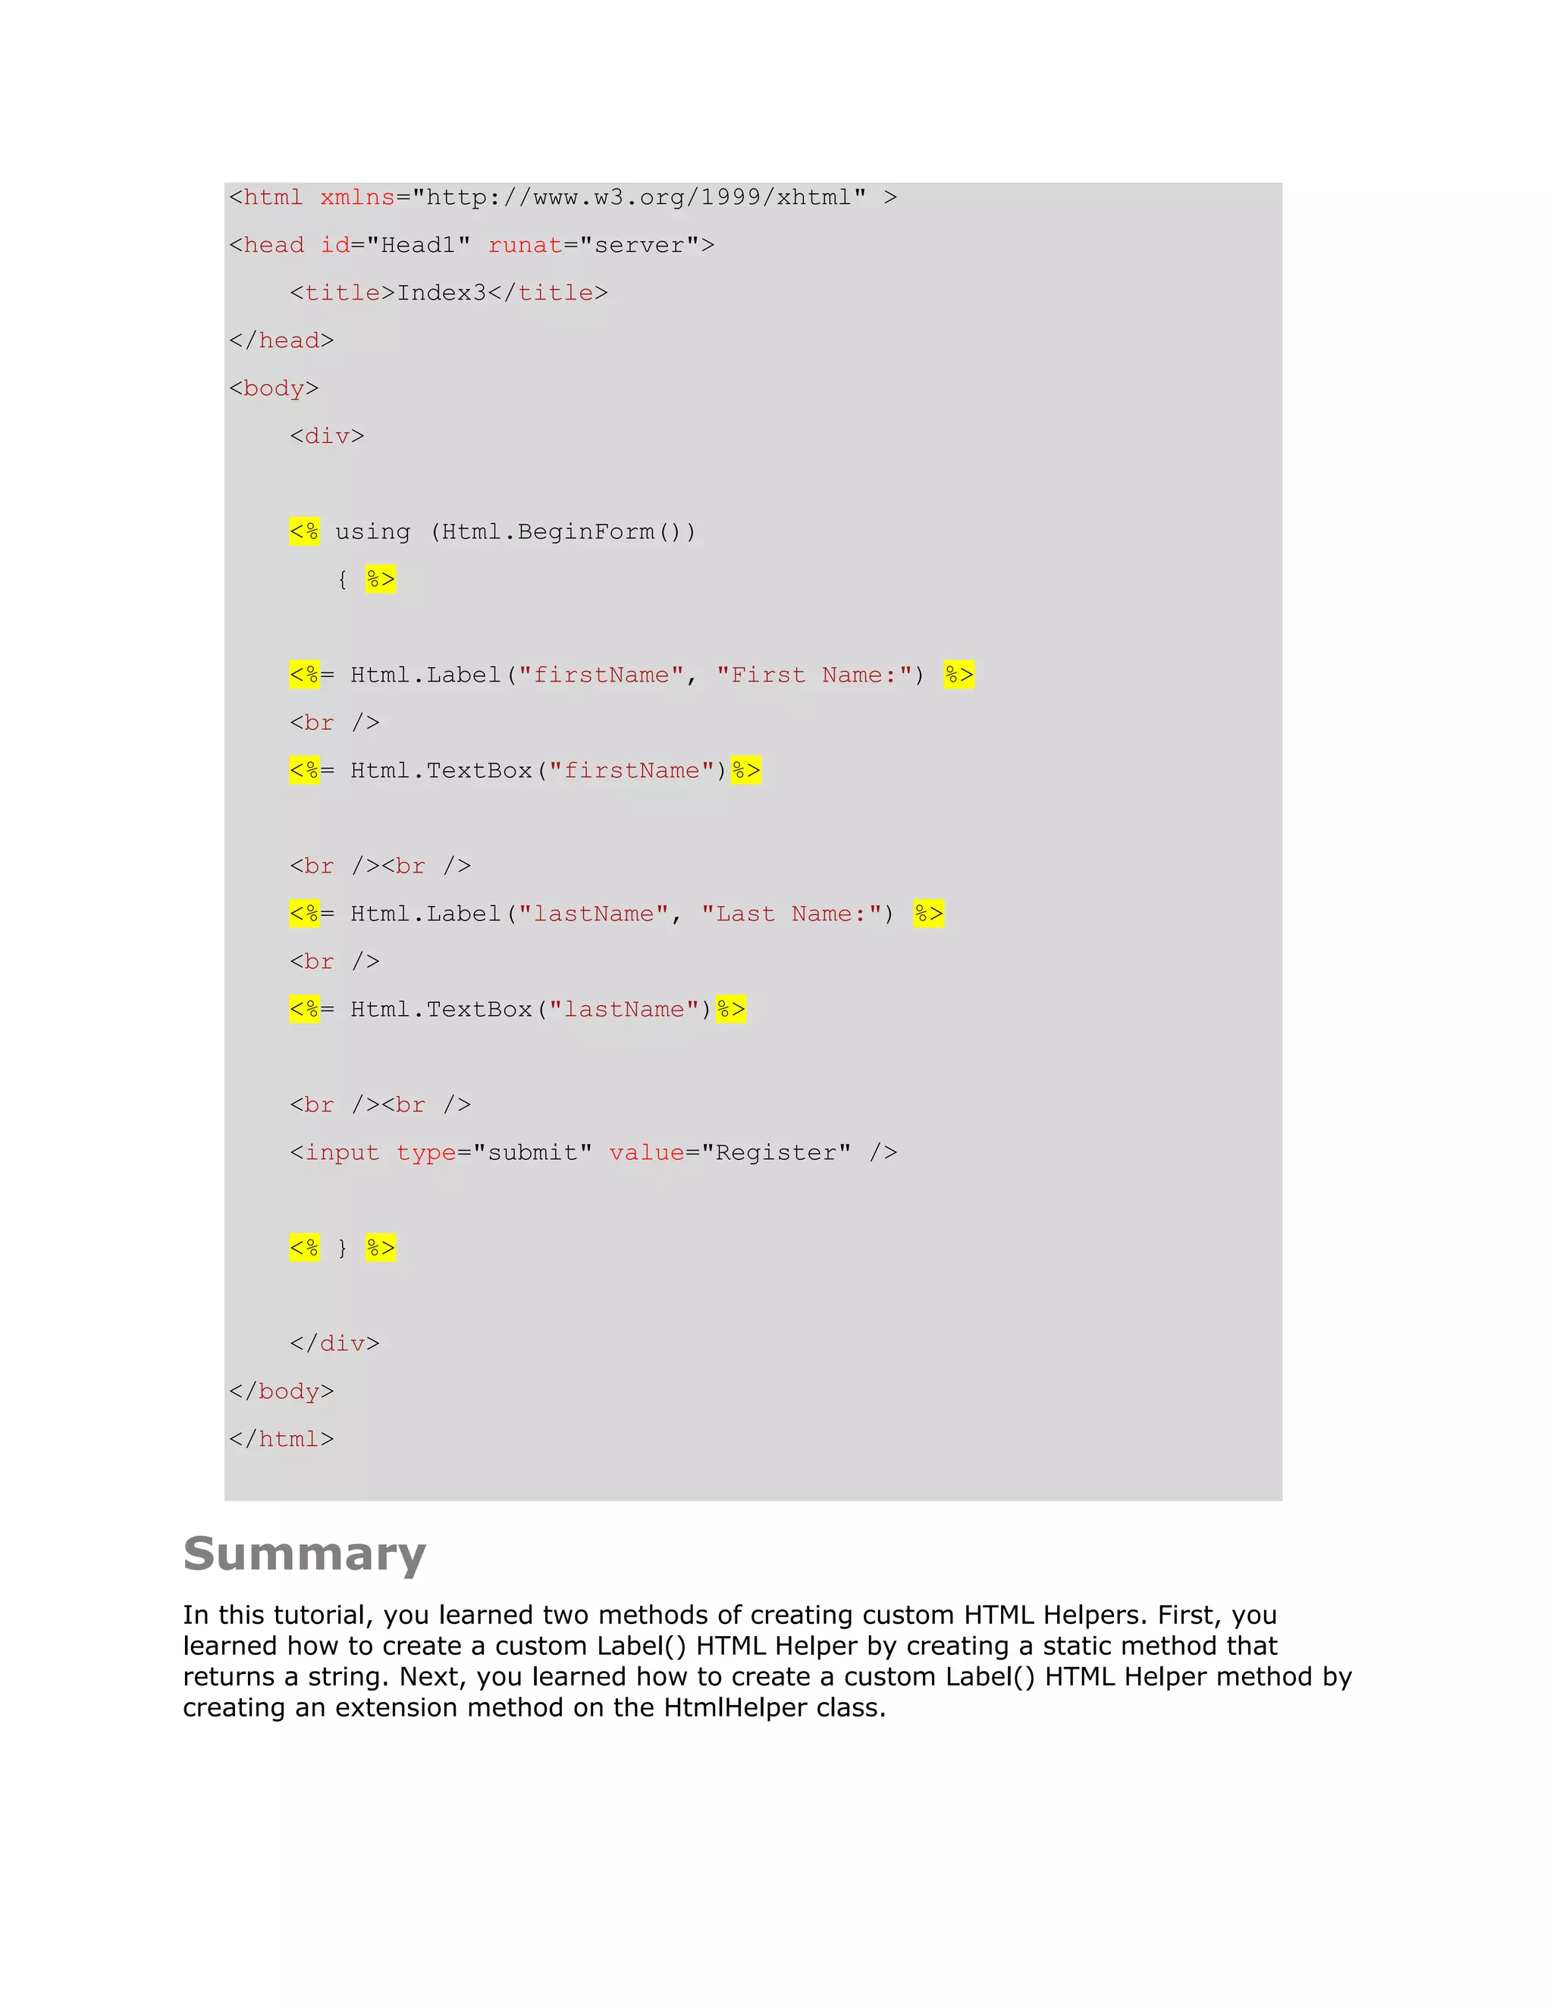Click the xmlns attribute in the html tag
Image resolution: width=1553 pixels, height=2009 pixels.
[357, 198]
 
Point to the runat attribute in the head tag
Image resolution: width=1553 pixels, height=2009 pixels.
[525, 246]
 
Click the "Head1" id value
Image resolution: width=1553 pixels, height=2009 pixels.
[419, 246]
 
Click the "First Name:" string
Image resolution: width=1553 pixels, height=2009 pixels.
[814, 675]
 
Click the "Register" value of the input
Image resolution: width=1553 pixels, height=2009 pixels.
[776, 1152]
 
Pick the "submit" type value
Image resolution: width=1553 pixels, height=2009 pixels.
[532, 1152]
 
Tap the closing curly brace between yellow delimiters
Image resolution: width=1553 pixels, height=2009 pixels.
[342, 1249]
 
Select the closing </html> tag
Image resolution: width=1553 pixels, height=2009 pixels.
[281, 1440]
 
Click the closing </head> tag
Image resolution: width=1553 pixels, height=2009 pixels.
[281, 341]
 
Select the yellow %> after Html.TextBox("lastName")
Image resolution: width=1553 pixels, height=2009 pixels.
[732, 1009]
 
